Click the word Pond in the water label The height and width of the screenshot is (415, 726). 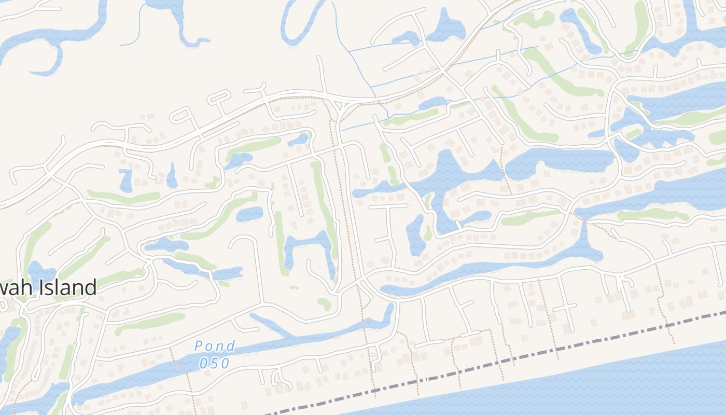click(x=215, y=346)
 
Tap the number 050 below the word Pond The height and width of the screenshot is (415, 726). click(x=214, y=363)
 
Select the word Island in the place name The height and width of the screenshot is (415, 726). click(x=66, y=287)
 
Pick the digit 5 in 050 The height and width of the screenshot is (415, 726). click(x=215, y=363)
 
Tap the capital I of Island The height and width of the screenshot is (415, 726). click(x=40, y=287)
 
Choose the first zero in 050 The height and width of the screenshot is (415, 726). click(x=204, y=363)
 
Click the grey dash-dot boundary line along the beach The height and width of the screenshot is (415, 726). click(x=519, y=358)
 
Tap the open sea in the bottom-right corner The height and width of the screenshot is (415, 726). click(x=648, y=384)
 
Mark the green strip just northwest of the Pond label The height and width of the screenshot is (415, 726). click(x=150, y=323)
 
